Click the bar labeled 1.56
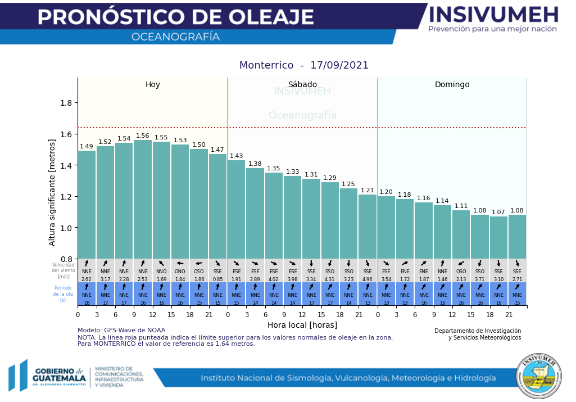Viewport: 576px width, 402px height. pos(143,200)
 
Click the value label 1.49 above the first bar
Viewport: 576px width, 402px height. pos(87,147)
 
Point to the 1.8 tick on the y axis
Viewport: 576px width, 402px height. pos(69,103)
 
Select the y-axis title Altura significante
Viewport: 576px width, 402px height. pos(52,192)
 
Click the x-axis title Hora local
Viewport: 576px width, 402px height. pos(302,325)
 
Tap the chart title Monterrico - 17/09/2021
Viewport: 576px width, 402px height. pos(304,65)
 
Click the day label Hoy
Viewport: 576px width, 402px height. pos(153,85)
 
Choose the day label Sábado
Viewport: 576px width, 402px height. pos(302,85)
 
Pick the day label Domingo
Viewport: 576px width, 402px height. pos(452,85)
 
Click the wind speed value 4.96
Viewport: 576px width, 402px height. pos(368,279)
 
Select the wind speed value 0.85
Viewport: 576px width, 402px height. pos(217,279)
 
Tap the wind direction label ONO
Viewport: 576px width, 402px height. pos(180,272)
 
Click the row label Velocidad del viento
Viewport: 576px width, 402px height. pos(64,270)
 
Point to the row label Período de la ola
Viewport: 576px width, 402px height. pos(64,294)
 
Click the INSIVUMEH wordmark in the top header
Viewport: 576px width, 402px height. pos(493,15)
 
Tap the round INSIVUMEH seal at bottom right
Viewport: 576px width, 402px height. pos(539,376)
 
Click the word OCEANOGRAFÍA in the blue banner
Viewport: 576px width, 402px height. pos(175,37)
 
